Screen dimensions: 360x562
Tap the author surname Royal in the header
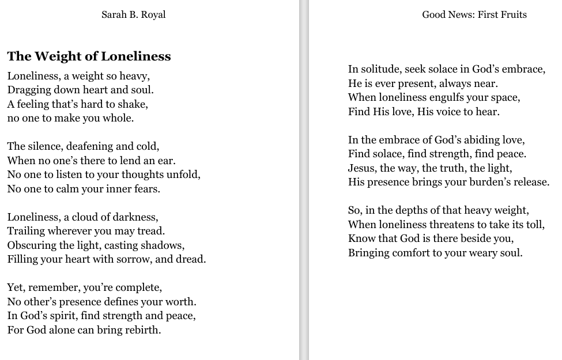[x=152, y=14]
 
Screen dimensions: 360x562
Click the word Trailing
[x=25, y=231]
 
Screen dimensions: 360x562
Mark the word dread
[x=192, y=259]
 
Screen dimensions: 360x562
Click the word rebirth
[x=142, y=330]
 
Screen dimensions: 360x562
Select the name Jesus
[x=362, y=168]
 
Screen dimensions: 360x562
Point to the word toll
[x=534, y=225]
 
